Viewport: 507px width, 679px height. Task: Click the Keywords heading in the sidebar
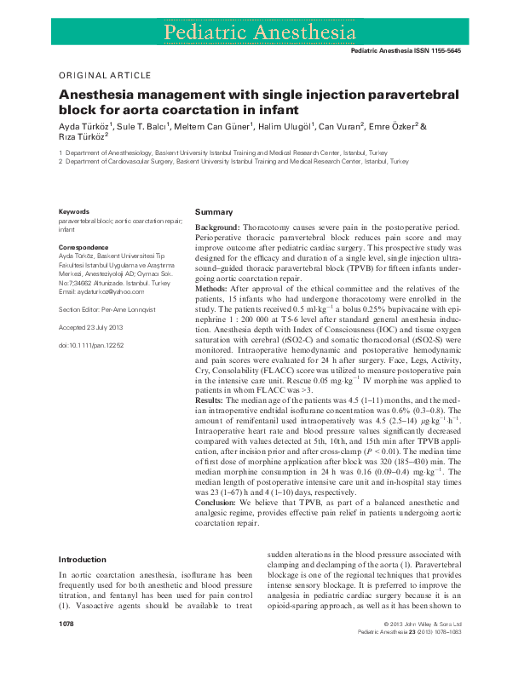pyautogui.click(x=73, y=211)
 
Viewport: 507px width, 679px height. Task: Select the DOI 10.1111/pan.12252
pyautogui.click(x=91, y=345)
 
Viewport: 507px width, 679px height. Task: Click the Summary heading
pyautogui.click(x=213, y=211)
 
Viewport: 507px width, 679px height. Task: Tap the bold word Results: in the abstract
pyautogui.click(x=210, y=399)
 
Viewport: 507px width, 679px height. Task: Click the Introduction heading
pyautogui.click(x=82, y=560)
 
